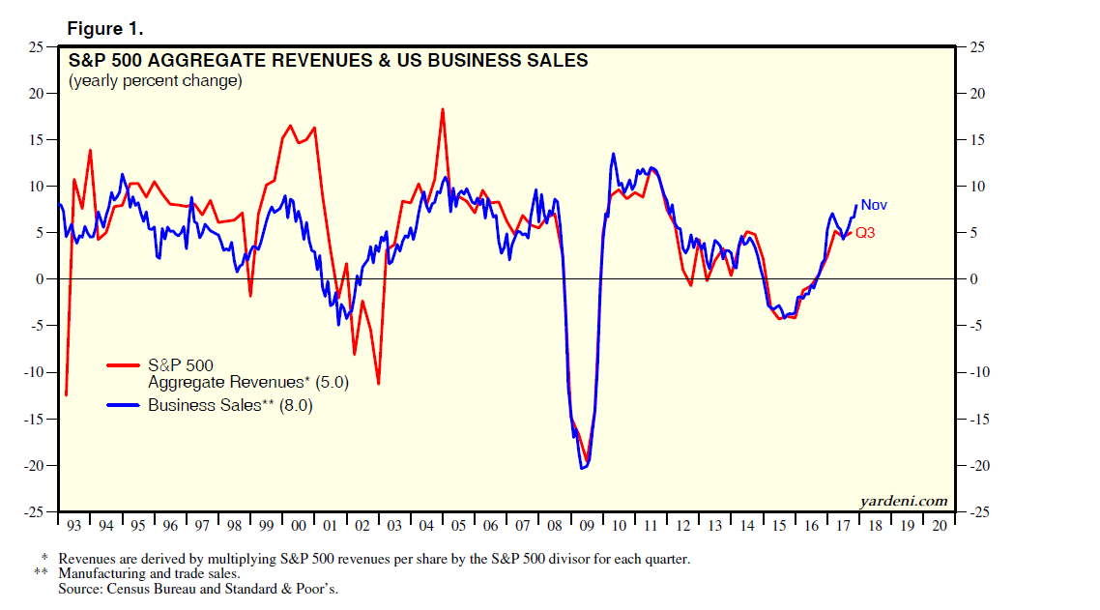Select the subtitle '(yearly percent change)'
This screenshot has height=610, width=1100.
155,81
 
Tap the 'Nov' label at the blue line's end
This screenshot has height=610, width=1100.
874,205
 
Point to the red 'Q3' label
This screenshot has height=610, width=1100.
865,233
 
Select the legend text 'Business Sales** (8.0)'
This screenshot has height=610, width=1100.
230,406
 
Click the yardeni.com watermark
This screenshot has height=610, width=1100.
903,501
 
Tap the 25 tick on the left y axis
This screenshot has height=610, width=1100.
36,47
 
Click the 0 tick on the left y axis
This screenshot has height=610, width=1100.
40,279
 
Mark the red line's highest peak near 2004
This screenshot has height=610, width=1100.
443,109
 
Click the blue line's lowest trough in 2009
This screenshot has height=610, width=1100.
583,469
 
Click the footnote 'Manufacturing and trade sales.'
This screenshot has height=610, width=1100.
149,573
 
